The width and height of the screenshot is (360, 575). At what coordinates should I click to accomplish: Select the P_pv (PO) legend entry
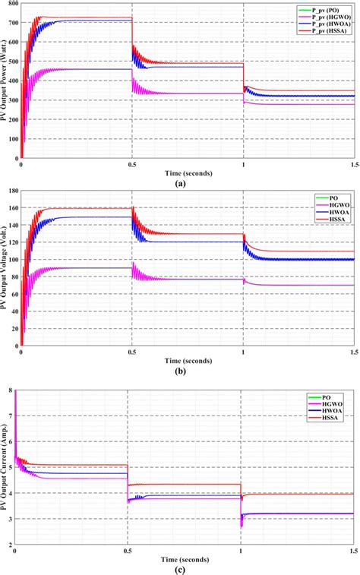tap(327, 9)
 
